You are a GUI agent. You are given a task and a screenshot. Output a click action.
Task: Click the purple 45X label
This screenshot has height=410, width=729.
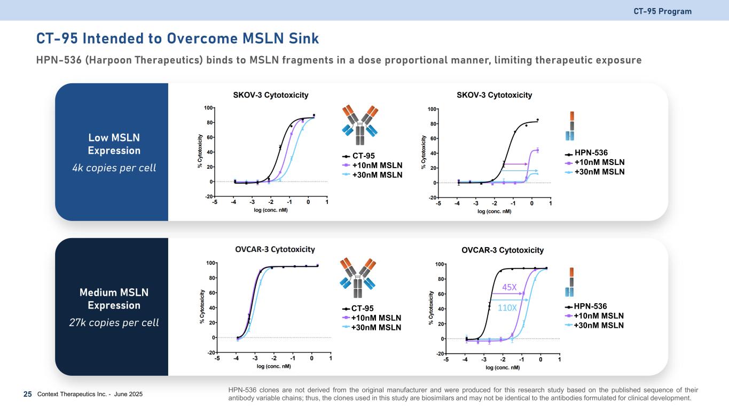510,287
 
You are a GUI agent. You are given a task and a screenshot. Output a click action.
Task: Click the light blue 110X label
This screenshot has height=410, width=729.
507,307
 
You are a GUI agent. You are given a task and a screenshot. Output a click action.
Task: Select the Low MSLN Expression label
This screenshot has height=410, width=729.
114,144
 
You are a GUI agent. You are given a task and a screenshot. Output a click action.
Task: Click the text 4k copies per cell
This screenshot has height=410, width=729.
114,168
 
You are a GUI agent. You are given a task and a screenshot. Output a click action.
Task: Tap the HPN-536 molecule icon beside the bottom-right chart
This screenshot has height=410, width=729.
571,282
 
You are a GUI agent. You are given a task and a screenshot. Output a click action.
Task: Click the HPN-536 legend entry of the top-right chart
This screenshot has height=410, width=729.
591,153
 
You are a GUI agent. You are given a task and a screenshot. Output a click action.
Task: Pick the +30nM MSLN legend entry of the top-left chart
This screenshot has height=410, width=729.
376,175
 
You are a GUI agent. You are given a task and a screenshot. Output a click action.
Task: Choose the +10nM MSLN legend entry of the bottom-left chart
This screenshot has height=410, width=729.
376,318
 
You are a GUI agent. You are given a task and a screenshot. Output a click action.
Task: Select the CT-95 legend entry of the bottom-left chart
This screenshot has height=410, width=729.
362,308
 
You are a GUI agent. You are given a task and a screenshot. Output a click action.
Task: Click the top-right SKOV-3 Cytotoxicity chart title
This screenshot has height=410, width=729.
494,95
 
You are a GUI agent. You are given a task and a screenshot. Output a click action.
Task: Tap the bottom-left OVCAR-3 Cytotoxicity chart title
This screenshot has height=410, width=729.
275,249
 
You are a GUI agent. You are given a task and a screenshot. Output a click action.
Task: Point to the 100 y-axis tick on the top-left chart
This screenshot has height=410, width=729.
208,108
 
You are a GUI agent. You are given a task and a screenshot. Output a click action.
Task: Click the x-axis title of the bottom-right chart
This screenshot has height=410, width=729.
502,367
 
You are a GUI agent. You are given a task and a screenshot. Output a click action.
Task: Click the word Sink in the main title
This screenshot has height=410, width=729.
301,38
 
